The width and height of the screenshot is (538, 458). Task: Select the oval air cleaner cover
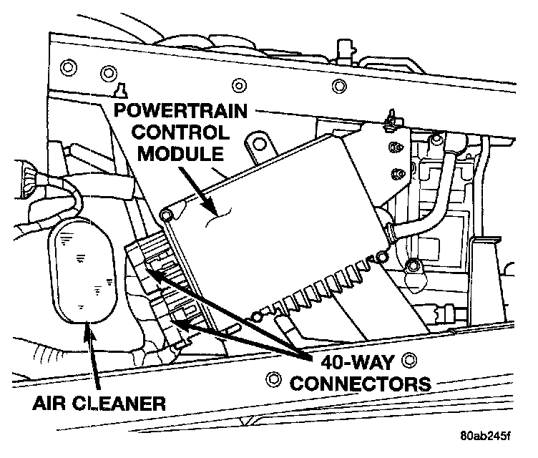(84, 269)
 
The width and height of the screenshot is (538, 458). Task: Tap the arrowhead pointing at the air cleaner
(87, 328)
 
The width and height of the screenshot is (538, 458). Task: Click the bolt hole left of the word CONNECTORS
(270, 378)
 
